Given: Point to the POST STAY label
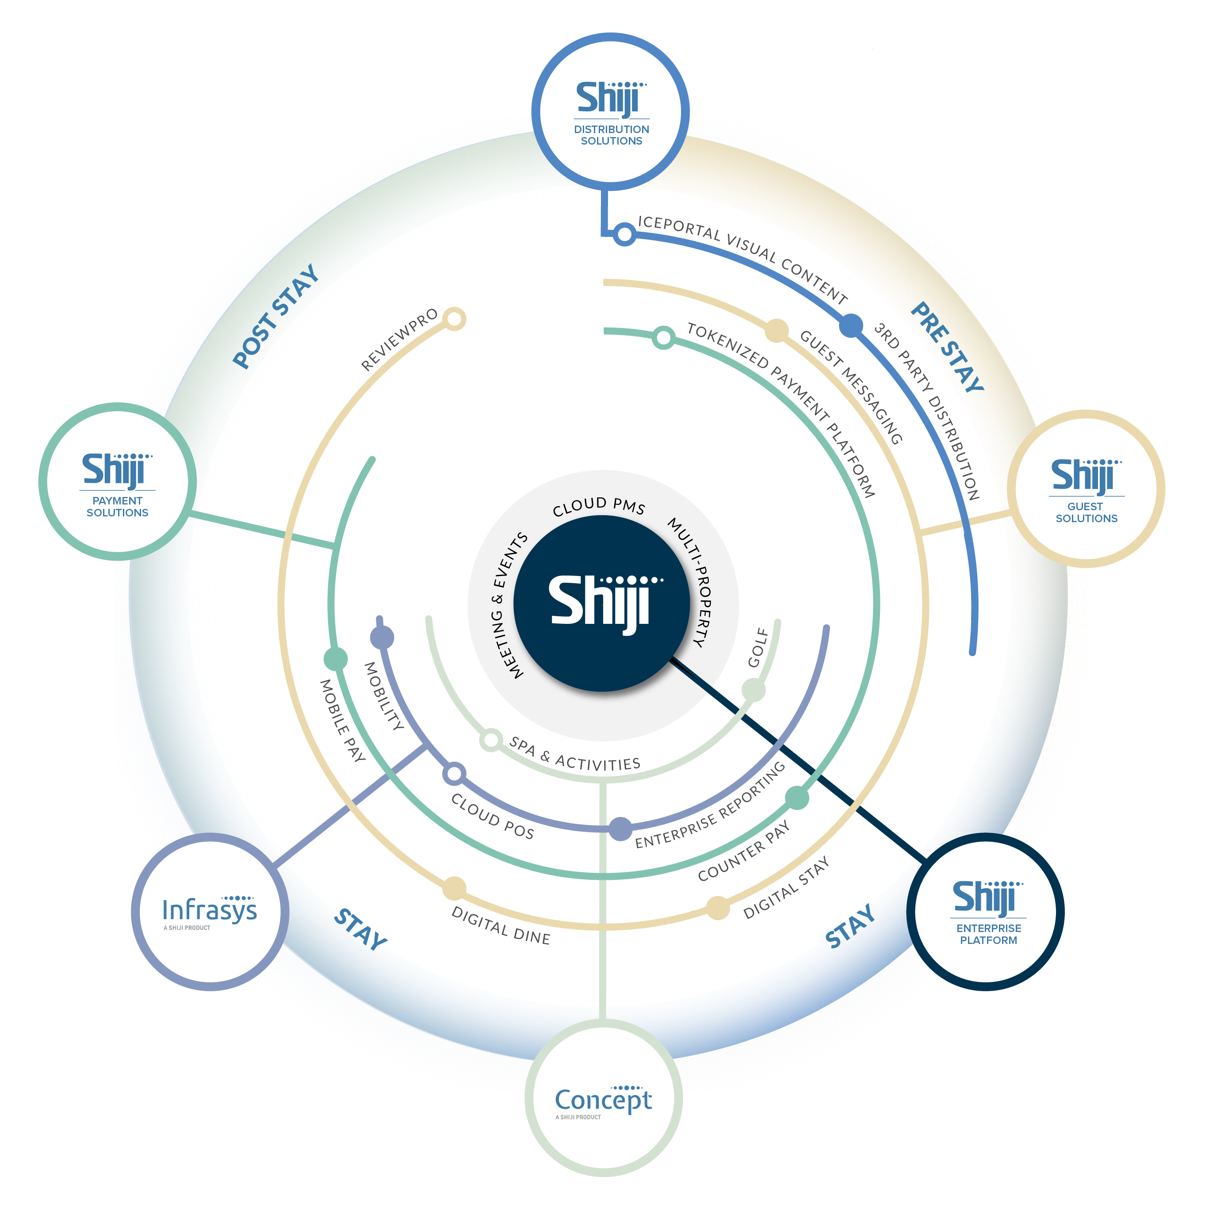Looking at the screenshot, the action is point(276,316).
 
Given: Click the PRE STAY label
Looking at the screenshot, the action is point(947,347).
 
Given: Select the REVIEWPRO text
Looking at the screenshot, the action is point(399,340).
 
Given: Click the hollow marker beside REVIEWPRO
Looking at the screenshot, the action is point(455,318).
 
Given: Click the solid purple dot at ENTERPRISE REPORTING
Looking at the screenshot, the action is point(620,829).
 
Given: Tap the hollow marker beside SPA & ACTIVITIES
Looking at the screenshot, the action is point(491,740).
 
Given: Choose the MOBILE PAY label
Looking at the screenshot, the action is point(342,720).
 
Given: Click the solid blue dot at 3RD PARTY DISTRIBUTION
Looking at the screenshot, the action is point(850,325).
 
